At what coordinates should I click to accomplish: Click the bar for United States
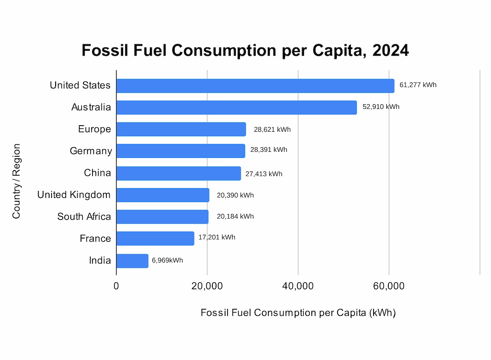coord(255,86)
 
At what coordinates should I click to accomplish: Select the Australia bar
coord(236,108)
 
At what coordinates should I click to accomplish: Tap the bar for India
coord(132,261)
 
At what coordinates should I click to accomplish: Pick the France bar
coord(155,239)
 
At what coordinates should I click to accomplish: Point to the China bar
coord(178,173)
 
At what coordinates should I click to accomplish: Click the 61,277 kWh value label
coord(418,85)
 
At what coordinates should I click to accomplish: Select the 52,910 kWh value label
coord(381,107)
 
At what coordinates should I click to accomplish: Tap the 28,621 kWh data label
coord(272,130)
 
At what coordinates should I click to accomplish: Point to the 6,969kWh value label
coord(168,260)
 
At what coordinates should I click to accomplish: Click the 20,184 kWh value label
coord(235,216)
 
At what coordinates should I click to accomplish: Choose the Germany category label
coord(91,151)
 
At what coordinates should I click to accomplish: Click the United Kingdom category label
coord(74,195)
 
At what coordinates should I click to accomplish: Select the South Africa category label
coord(84,216)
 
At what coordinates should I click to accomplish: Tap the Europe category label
coord(95,129)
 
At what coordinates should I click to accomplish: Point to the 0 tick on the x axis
coord(116,286)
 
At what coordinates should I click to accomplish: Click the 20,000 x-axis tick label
coord(207,286)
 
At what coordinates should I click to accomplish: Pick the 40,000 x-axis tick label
coord(298,286)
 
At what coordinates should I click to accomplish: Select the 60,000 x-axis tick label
coord(389,286)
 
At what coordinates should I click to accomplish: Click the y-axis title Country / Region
coord(16,181)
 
